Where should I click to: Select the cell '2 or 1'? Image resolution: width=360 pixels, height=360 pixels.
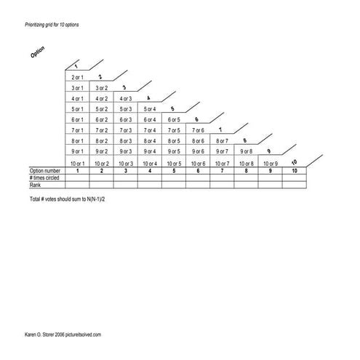[77, 76]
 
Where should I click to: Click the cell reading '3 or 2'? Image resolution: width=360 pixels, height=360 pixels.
[101, 87]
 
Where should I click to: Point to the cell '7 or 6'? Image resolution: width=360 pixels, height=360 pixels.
[197, 130]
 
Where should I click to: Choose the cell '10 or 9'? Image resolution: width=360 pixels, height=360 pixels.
[270, 164]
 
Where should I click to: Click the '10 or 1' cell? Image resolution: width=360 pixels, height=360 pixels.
[77, 164]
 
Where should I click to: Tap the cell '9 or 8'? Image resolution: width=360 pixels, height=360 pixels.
[246, 151]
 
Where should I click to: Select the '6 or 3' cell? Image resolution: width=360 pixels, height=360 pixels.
[125, 119]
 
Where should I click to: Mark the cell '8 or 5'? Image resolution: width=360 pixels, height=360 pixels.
[173, 141]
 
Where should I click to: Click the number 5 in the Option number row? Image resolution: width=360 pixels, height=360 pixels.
[173, 172]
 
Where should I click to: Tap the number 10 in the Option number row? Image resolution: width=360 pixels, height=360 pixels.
[294, 172]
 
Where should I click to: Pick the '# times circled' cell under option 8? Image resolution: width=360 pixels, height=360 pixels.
[246, 178]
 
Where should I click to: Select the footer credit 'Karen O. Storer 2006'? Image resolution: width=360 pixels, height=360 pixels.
[48, 334]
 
